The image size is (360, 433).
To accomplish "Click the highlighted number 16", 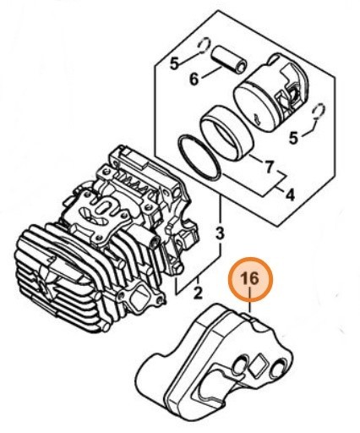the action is tap(249, 278).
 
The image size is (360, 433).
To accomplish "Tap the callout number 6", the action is tap(194, 79).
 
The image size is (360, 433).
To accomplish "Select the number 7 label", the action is tap(270, 167).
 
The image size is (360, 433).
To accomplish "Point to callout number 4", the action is tap(290, 195).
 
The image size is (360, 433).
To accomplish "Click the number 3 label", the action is tap(220, 233).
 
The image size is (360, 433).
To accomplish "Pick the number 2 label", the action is tap(199, 293).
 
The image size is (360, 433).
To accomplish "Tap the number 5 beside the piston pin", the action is tap(175, 63).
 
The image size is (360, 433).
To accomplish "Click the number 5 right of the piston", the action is tap(293, 138).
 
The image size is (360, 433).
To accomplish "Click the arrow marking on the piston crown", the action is tap(257, 119).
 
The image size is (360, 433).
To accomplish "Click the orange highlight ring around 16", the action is tap(250, 259).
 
